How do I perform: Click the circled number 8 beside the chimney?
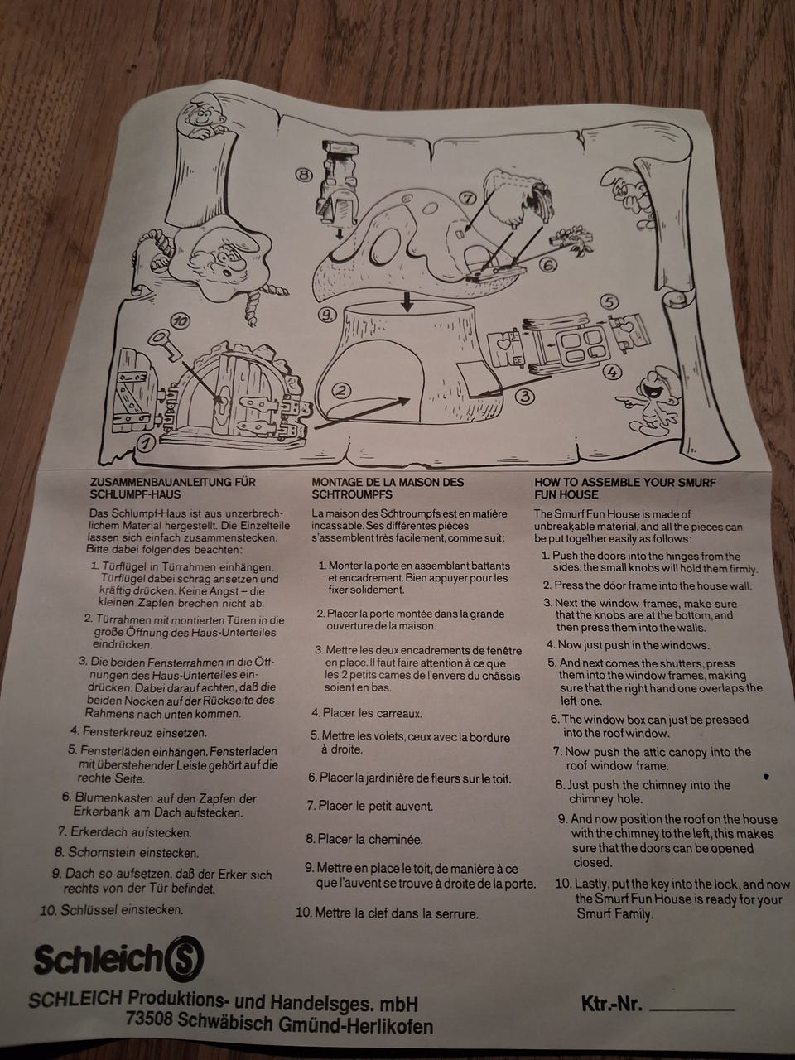(304, 176)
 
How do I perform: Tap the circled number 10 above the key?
(181, 320)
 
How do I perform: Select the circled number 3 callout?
(525, 396)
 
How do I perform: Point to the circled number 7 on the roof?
(467, 198)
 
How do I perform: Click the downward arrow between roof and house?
(408, 301)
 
